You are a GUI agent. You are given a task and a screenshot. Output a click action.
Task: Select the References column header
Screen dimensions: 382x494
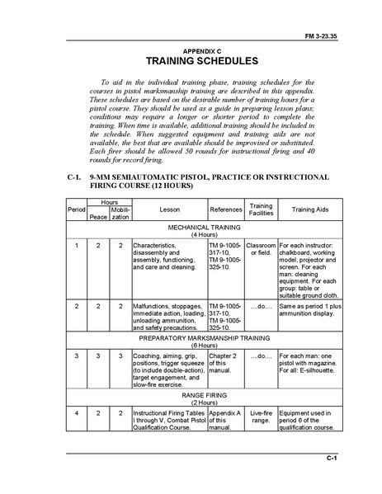(x=225, y=209)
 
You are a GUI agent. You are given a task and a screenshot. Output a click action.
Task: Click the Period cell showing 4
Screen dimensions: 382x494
(x=76, y=412)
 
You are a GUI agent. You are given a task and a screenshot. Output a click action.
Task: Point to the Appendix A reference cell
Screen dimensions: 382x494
(x=225, y=419)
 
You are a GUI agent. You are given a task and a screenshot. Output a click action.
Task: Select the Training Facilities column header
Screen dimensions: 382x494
(x=261, y=209)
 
